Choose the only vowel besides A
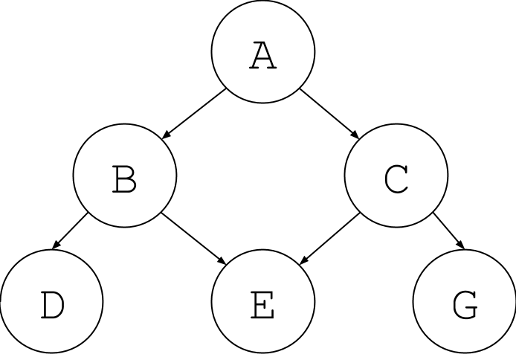pos(262,302)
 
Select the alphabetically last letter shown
pos(465,302)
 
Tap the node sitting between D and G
pos(262,302)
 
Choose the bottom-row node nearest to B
pos(51,302)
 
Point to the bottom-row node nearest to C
pos(465,302)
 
